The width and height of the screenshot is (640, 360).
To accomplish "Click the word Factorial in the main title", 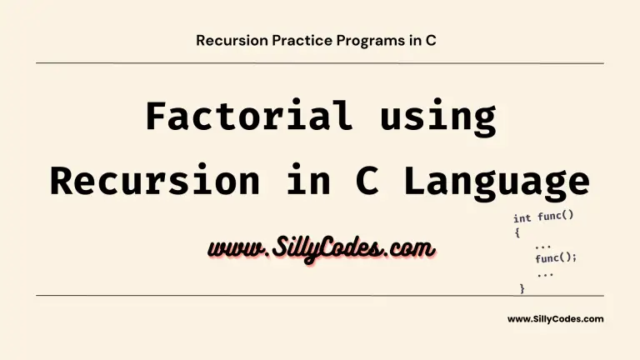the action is (x=248, y=116).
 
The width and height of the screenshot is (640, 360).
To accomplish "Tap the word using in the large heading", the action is (x=438, y=117).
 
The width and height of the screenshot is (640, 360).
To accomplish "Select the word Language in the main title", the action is (x=497, y=182).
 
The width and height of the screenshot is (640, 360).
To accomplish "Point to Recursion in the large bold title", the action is (x=155, y=180).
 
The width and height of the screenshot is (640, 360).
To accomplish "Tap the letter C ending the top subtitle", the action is (x=431, y=40).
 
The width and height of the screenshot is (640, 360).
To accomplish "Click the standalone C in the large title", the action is (x=367, y=180).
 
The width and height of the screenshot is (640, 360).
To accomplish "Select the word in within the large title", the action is (x=308, y=180).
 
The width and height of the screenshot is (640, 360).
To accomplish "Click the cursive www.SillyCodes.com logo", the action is (x=321, y=248).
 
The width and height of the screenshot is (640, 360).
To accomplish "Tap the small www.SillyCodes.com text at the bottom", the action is (x=556, y=319).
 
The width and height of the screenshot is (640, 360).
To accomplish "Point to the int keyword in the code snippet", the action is (x=522, y=218).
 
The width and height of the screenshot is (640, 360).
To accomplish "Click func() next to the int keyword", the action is (x=556, y=216).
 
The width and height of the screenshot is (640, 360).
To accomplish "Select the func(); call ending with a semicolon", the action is (x=556, y=257).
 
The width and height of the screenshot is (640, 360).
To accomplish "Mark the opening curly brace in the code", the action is (x=517, y=232).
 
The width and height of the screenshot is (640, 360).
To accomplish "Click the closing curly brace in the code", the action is (x=522, y=288).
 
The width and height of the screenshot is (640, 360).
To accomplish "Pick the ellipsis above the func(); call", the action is (x=542, y=247).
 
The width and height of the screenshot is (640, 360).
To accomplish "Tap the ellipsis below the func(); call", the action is (x=545, y=275).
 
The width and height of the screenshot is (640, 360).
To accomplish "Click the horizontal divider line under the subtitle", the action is (x=320, y=63).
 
